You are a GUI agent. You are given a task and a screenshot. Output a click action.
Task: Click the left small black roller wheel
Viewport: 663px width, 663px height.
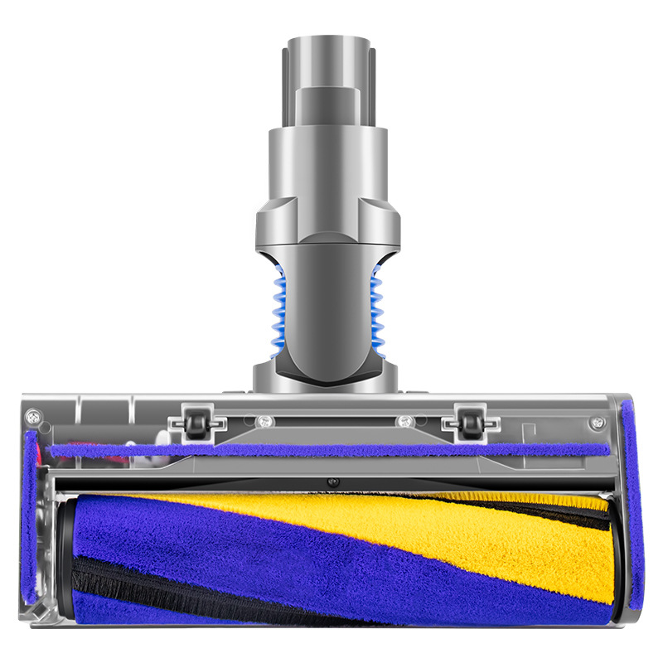pyautogui.click(x=196, y=423)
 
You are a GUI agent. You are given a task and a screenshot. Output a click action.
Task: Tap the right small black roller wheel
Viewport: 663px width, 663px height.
pyautogui.click(x=469, y=423)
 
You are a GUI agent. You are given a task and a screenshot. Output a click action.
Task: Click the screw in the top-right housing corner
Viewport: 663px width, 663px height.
pyautogui.click(x=597, y=422)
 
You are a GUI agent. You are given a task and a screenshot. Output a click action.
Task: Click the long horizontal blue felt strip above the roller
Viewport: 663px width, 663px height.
pyautogui.click(x=331, y=451)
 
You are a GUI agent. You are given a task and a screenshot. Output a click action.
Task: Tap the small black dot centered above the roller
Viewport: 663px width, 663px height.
pyautogui.click(x=331, y=482)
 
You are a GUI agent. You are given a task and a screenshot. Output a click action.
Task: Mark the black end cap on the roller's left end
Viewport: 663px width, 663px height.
pyautogui.click(x=64, y=551)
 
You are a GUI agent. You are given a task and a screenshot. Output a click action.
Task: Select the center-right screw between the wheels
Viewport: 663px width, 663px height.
pyautogui.click(x=404, y=420)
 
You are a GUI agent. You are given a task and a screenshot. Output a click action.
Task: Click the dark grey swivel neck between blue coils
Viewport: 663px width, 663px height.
pyautogui.click(x=328, y=315)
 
